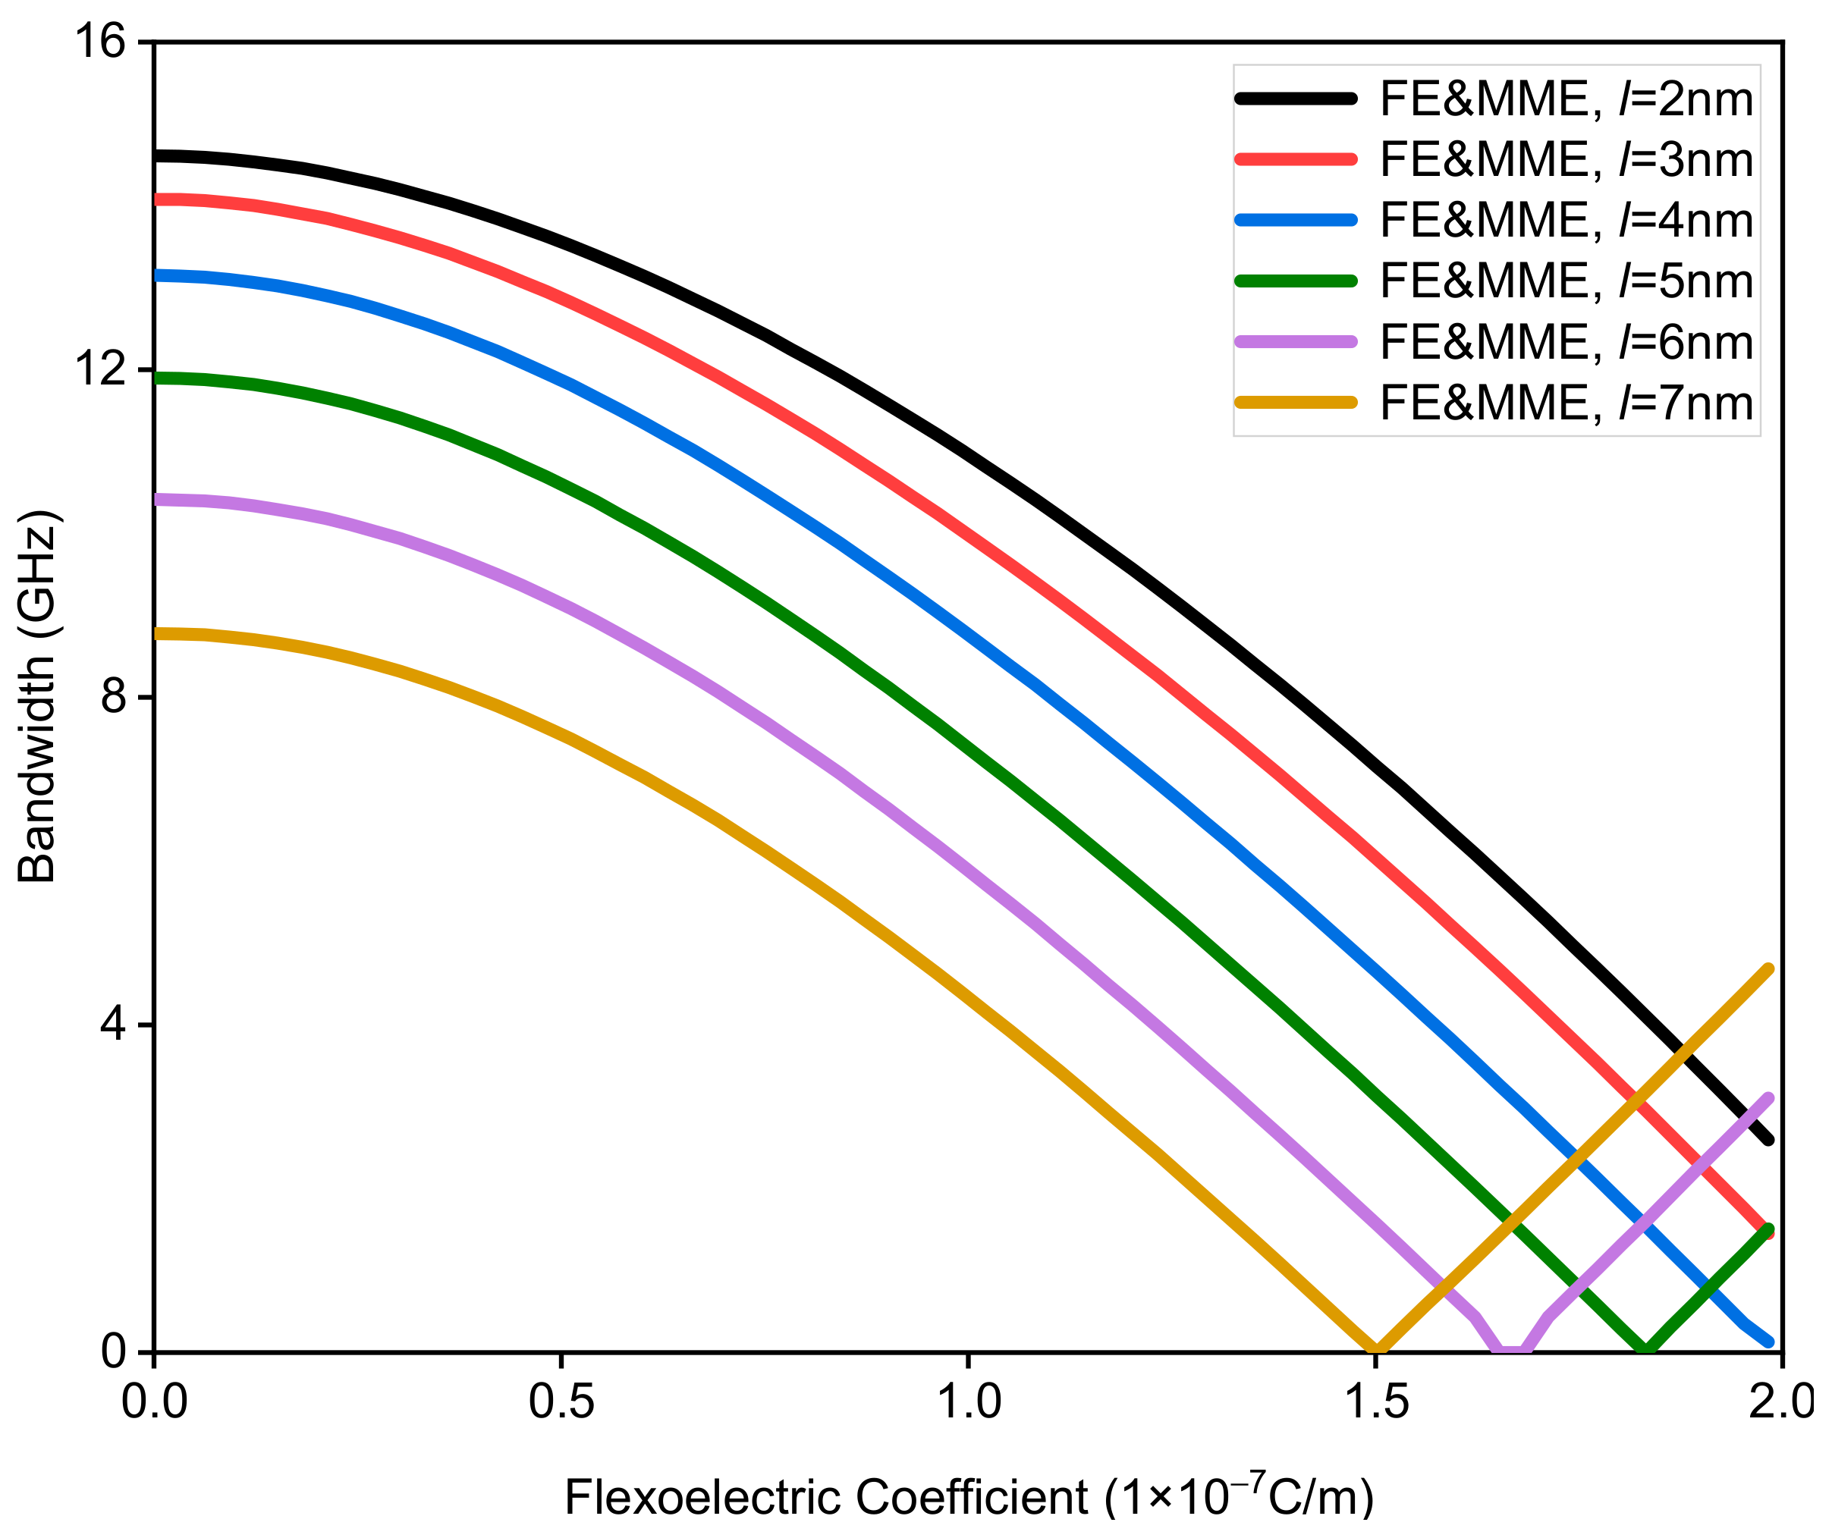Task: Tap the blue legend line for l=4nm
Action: point(1296,221)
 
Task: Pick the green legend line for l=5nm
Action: point(1296,281)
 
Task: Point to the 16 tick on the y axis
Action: point(99,42)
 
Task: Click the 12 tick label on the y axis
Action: point(99,370)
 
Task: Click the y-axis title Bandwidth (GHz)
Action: point(36,696)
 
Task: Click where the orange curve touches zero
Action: point(1377,1350)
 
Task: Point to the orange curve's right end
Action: point(1768,968)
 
